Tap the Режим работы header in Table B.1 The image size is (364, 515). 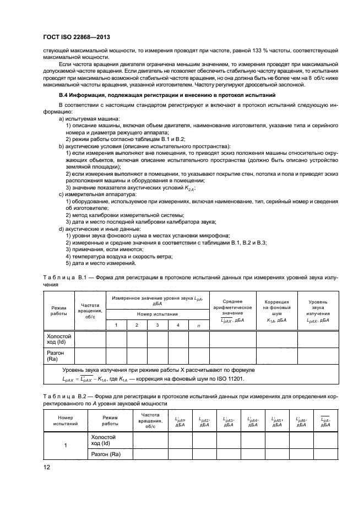coord(58,309)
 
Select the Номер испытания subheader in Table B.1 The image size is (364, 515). coord(157,314)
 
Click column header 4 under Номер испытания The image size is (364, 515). coord(178,326)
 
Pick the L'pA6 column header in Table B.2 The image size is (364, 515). coord(301,421)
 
